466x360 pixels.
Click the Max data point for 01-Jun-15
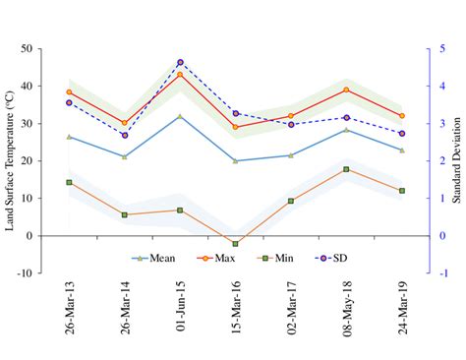coord(180,74)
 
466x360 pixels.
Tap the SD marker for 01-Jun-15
coord(180,62)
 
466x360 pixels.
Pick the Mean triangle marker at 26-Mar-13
coord(69,137)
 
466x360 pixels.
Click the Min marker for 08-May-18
coord(346,169)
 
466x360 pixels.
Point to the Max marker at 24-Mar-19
coord(402,116)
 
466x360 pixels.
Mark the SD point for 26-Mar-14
coord(124,135)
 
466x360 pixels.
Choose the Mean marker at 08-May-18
coord(346,130)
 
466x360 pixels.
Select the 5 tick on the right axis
coord(433,48)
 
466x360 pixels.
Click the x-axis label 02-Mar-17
coord(291,314)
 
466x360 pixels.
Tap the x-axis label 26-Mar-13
coord(69,314)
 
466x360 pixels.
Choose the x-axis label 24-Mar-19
coord(402,314)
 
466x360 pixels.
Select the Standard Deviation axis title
coord(455,160)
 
